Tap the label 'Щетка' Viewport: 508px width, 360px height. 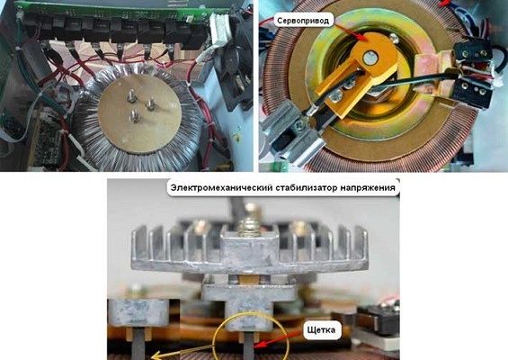coord(321,330)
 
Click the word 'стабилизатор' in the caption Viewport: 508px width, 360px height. coord(307,188)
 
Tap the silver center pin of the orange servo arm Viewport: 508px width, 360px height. coord(370,58)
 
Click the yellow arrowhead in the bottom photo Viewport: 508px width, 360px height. coord(158,355)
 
